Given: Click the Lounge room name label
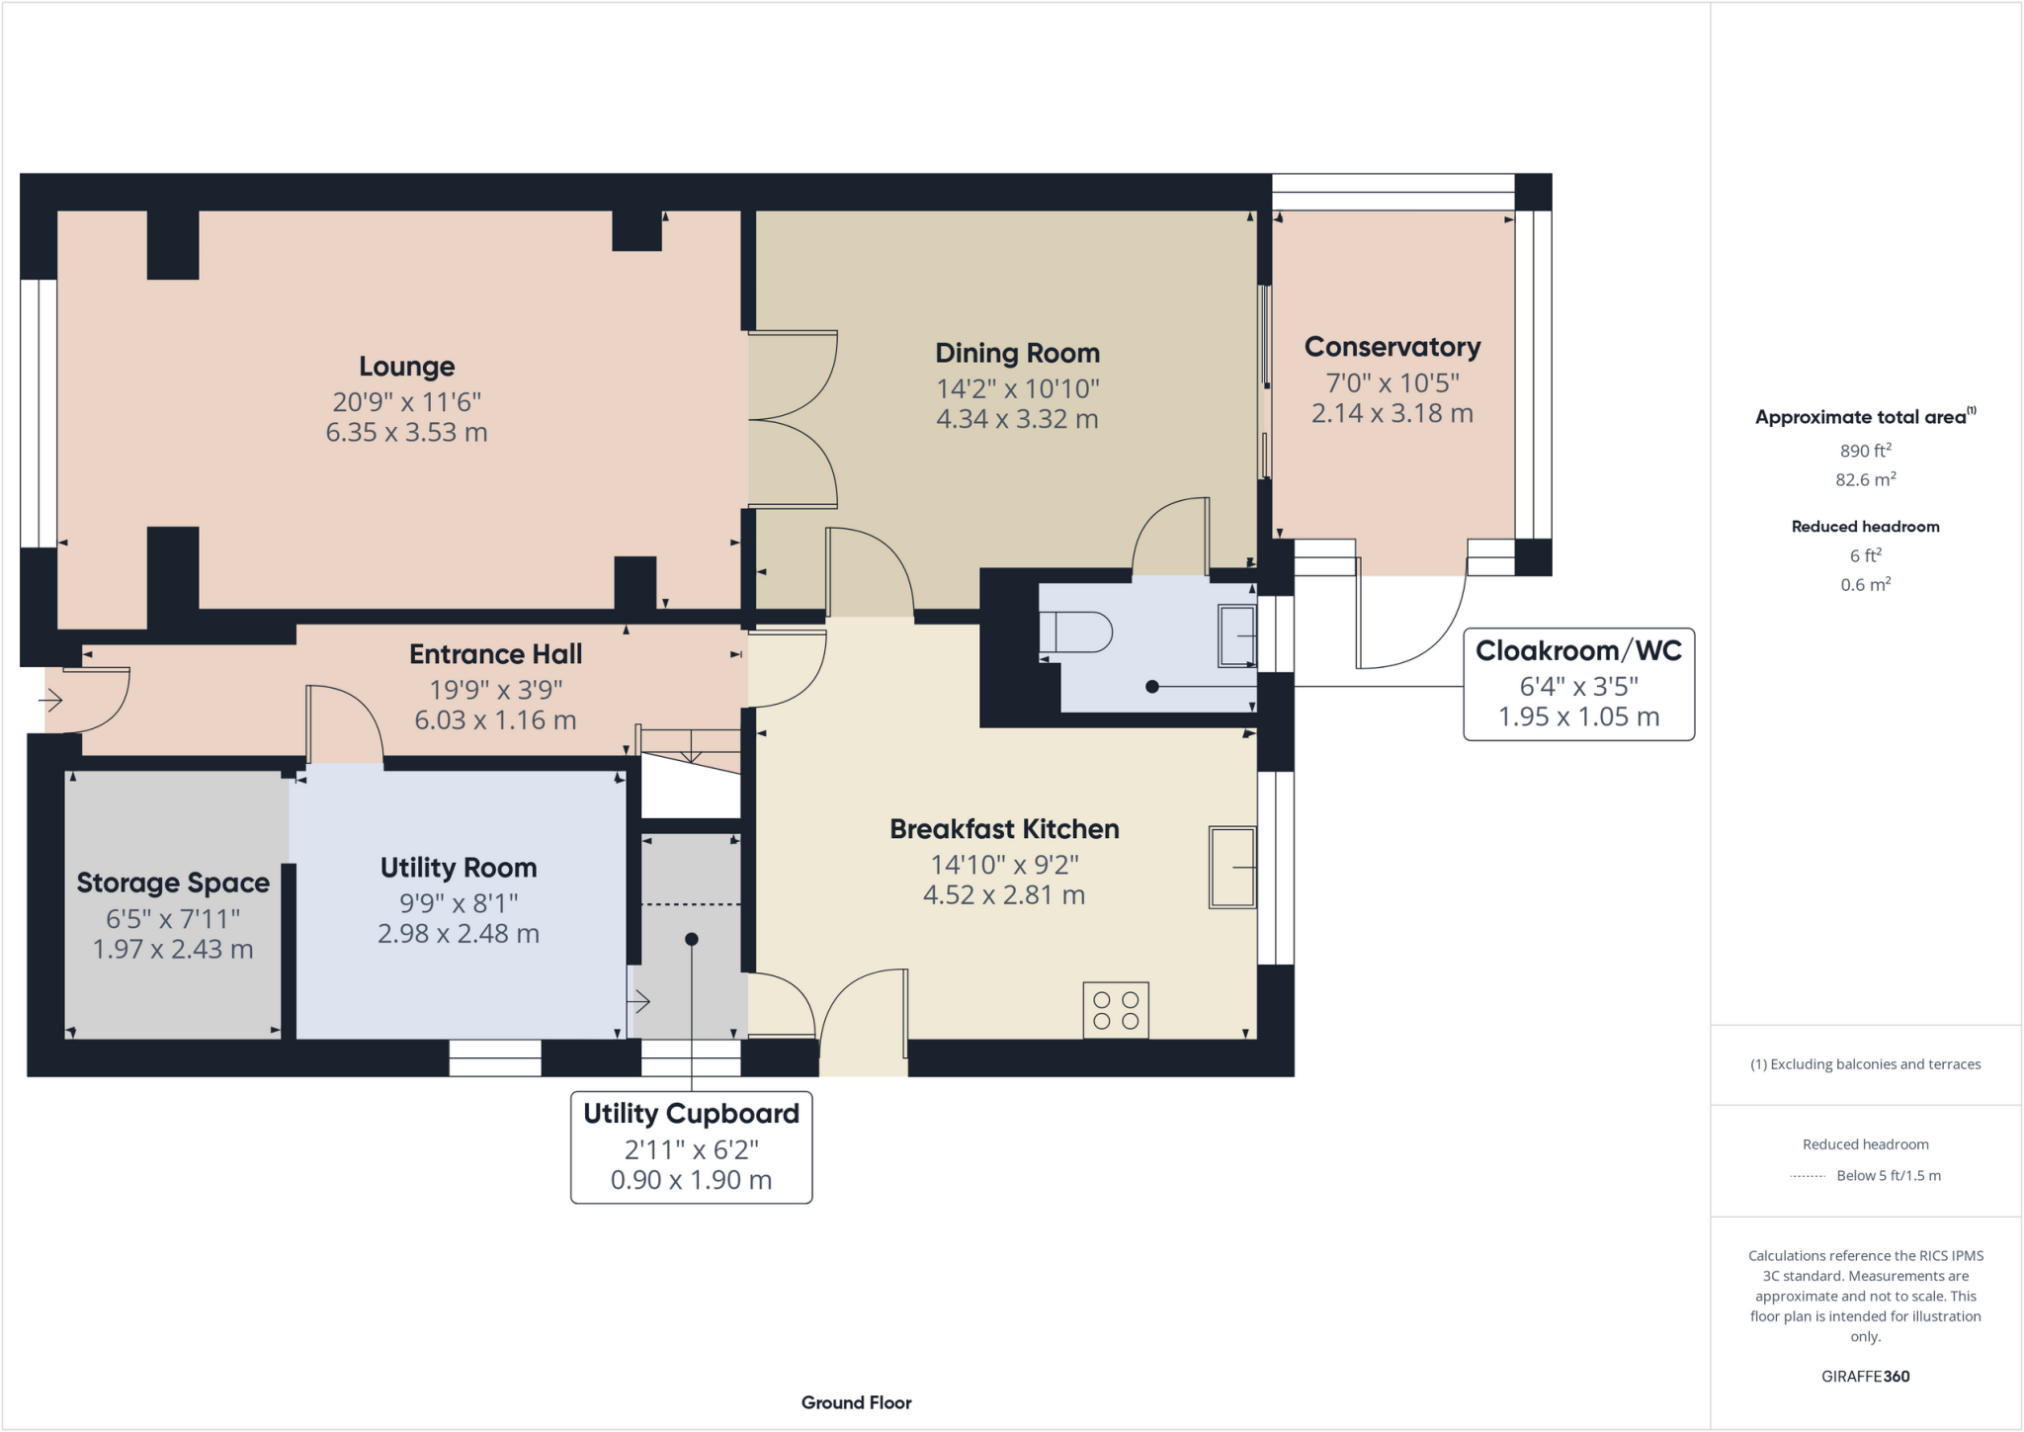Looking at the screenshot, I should click(406, 367).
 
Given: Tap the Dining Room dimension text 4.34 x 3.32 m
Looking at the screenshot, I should click(1017, 419).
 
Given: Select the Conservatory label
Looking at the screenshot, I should click(1391, 347).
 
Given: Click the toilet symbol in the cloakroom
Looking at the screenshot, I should click(1077, 632).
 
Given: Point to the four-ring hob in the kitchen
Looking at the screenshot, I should click(1116, 1009).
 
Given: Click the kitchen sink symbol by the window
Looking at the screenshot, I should click(1232, 868).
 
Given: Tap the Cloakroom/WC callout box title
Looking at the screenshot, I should click(1578, 650).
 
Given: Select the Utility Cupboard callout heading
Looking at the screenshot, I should click(691, 1114).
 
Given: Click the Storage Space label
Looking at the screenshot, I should click(173, 883).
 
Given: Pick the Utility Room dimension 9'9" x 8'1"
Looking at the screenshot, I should click(459, 903).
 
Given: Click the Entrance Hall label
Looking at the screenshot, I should click(495, 654).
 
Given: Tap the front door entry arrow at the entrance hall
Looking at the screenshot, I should click(51, 701).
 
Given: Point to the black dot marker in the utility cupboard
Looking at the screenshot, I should click(692, 939).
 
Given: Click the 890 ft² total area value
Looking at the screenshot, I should click(1865, 451).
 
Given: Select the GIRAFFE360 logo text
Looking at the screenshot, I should click(1865, 1376).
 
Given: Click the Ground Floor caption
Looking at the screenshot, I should click(856, 1402).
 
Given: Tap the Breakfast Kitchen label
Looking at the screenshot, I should click(1004, 829).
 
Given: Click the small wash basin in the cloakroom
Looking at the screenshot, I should click(1236, 635).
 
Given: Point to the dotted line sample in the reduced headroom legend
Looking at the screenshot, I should click(1808, 1176).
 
